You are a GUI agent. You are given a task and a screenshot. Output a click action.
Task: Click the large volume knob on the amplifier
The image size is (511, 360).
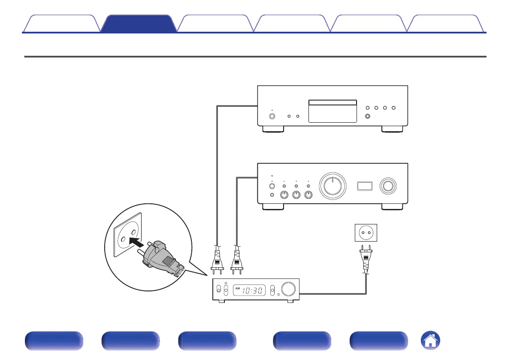pyautogui.click(x=333, y=186)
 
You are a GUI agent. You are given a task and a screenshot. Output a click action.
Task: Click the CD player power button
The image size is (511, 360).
pyautogui.click(x=272, y=116)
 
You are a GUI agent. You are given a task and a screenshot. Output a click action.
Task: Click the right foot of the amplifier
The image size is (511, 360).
pyautogui.click(x=392, y=206)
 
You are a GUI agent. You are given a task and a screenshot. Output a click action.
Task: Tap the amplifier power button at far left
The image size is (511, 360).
pyautogui.click(x=272, y=186)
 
